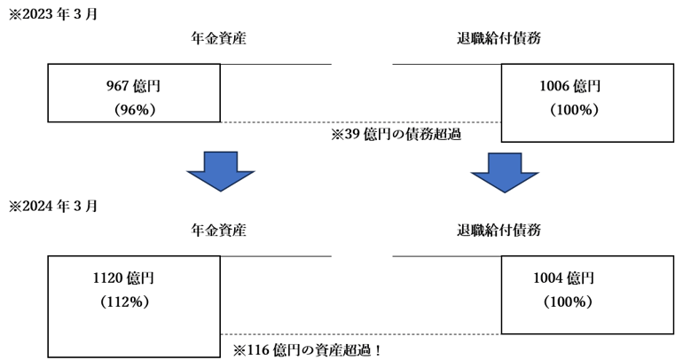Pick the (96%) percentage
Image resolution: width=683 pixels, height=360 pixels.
(x=135, y=110)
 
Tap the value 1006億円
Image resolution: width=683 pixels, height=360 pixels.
(x=570, y=86)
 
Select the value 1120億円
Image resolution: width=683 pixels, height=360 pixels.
(x=123, y=278)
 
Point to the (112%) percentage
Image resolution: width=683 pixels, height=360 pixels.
(x=124, y=301)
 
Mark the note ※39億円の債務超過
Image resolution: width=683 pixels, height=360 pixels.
(x=395, y=135)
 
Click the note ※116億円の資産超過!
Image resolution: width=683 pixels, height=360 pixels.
(x=306, y=349)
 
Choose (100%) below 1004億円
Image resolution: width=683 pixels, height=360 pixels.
(x=567, y=301)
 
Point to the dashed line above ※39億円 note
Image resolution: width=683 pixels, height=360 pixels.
(x=360, y=122)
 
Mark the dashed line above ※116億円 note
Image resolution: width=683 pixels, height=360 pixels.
(x=360, y=334)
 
